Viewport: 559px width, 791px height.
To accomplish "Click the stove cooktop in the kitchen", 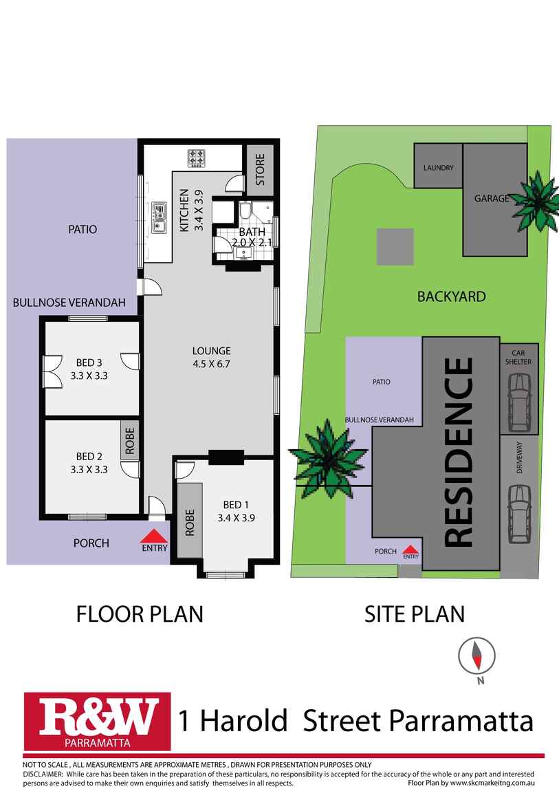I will tap(197, 158).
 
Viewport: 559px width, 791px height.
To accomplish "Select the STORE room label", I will tap(261, 169).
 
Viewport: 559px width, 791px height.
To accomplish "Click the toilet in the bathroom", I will tap(246, 212).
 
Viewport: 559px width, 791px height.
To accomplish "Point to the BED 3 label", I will tap(89, 362).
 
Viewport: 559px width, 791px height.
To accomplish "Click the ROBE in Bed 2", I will tap(129, 440).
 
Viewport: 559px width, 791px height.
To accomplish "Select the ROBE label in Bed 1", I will tap(190, 522).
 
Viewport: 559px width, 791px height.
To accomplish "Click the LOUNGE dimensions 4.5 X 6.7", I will tap(211, 364).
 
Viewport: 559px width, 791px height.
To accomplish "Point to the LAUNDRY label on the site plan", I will tap(438, 167).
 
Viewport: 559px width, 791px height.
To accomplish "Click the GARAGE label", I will tap(492, 198).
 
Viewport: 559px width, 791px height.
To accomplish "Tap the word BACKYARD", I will tap(451, 296).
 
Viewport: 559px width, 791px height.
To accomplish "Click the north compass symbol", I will tap(476, 656).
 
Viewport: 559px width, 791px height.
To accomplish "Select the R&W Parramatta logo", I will tap(97, 720).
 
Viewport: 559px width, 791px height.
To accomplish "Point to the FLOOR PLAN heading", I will tap(140, 613).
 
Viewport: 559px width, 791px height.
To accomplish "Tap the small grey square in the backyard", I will tap(395, 247).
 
